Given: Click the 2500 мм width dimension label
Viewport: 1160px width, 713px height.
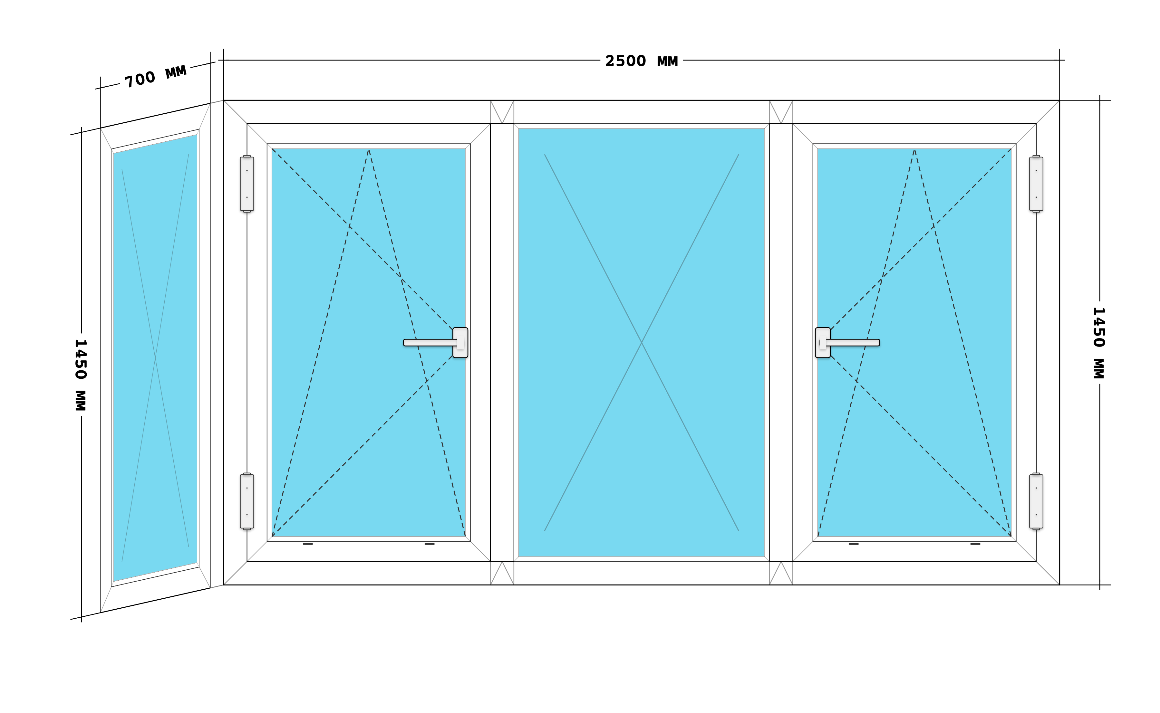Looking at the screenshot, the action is [x=642, y=61].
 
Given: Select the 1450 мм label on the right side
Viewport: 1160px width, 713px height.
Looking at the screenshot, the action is [x=1099, y=343].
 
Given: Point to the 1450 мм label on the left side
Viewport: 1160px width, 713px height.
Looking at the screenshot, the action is [x=81, y=375].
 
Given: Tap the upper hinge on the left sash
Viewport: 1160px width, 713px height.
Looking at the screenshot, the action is [x=247, y=184].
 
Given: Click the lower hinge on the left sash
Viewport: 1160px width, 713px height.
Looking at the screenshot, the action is [x=247, y=501].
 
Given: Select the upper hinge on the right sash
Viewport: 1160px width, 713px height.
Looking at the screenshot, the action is [x=1036, y=184].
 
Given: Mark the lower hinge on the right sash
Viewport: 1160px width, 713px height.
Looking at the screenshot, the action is [x=1036, y=501].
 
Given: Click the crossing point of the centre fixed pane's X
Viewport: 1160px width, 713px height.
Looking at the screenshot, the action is [x=642, y=342].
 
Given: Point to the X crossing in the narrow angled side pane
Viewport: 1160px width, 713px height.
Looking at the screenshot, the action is [x=155, y=358].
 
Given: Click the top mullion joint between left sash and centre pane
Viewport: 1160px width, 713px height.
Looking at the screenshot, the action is [x=502, y=112].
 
